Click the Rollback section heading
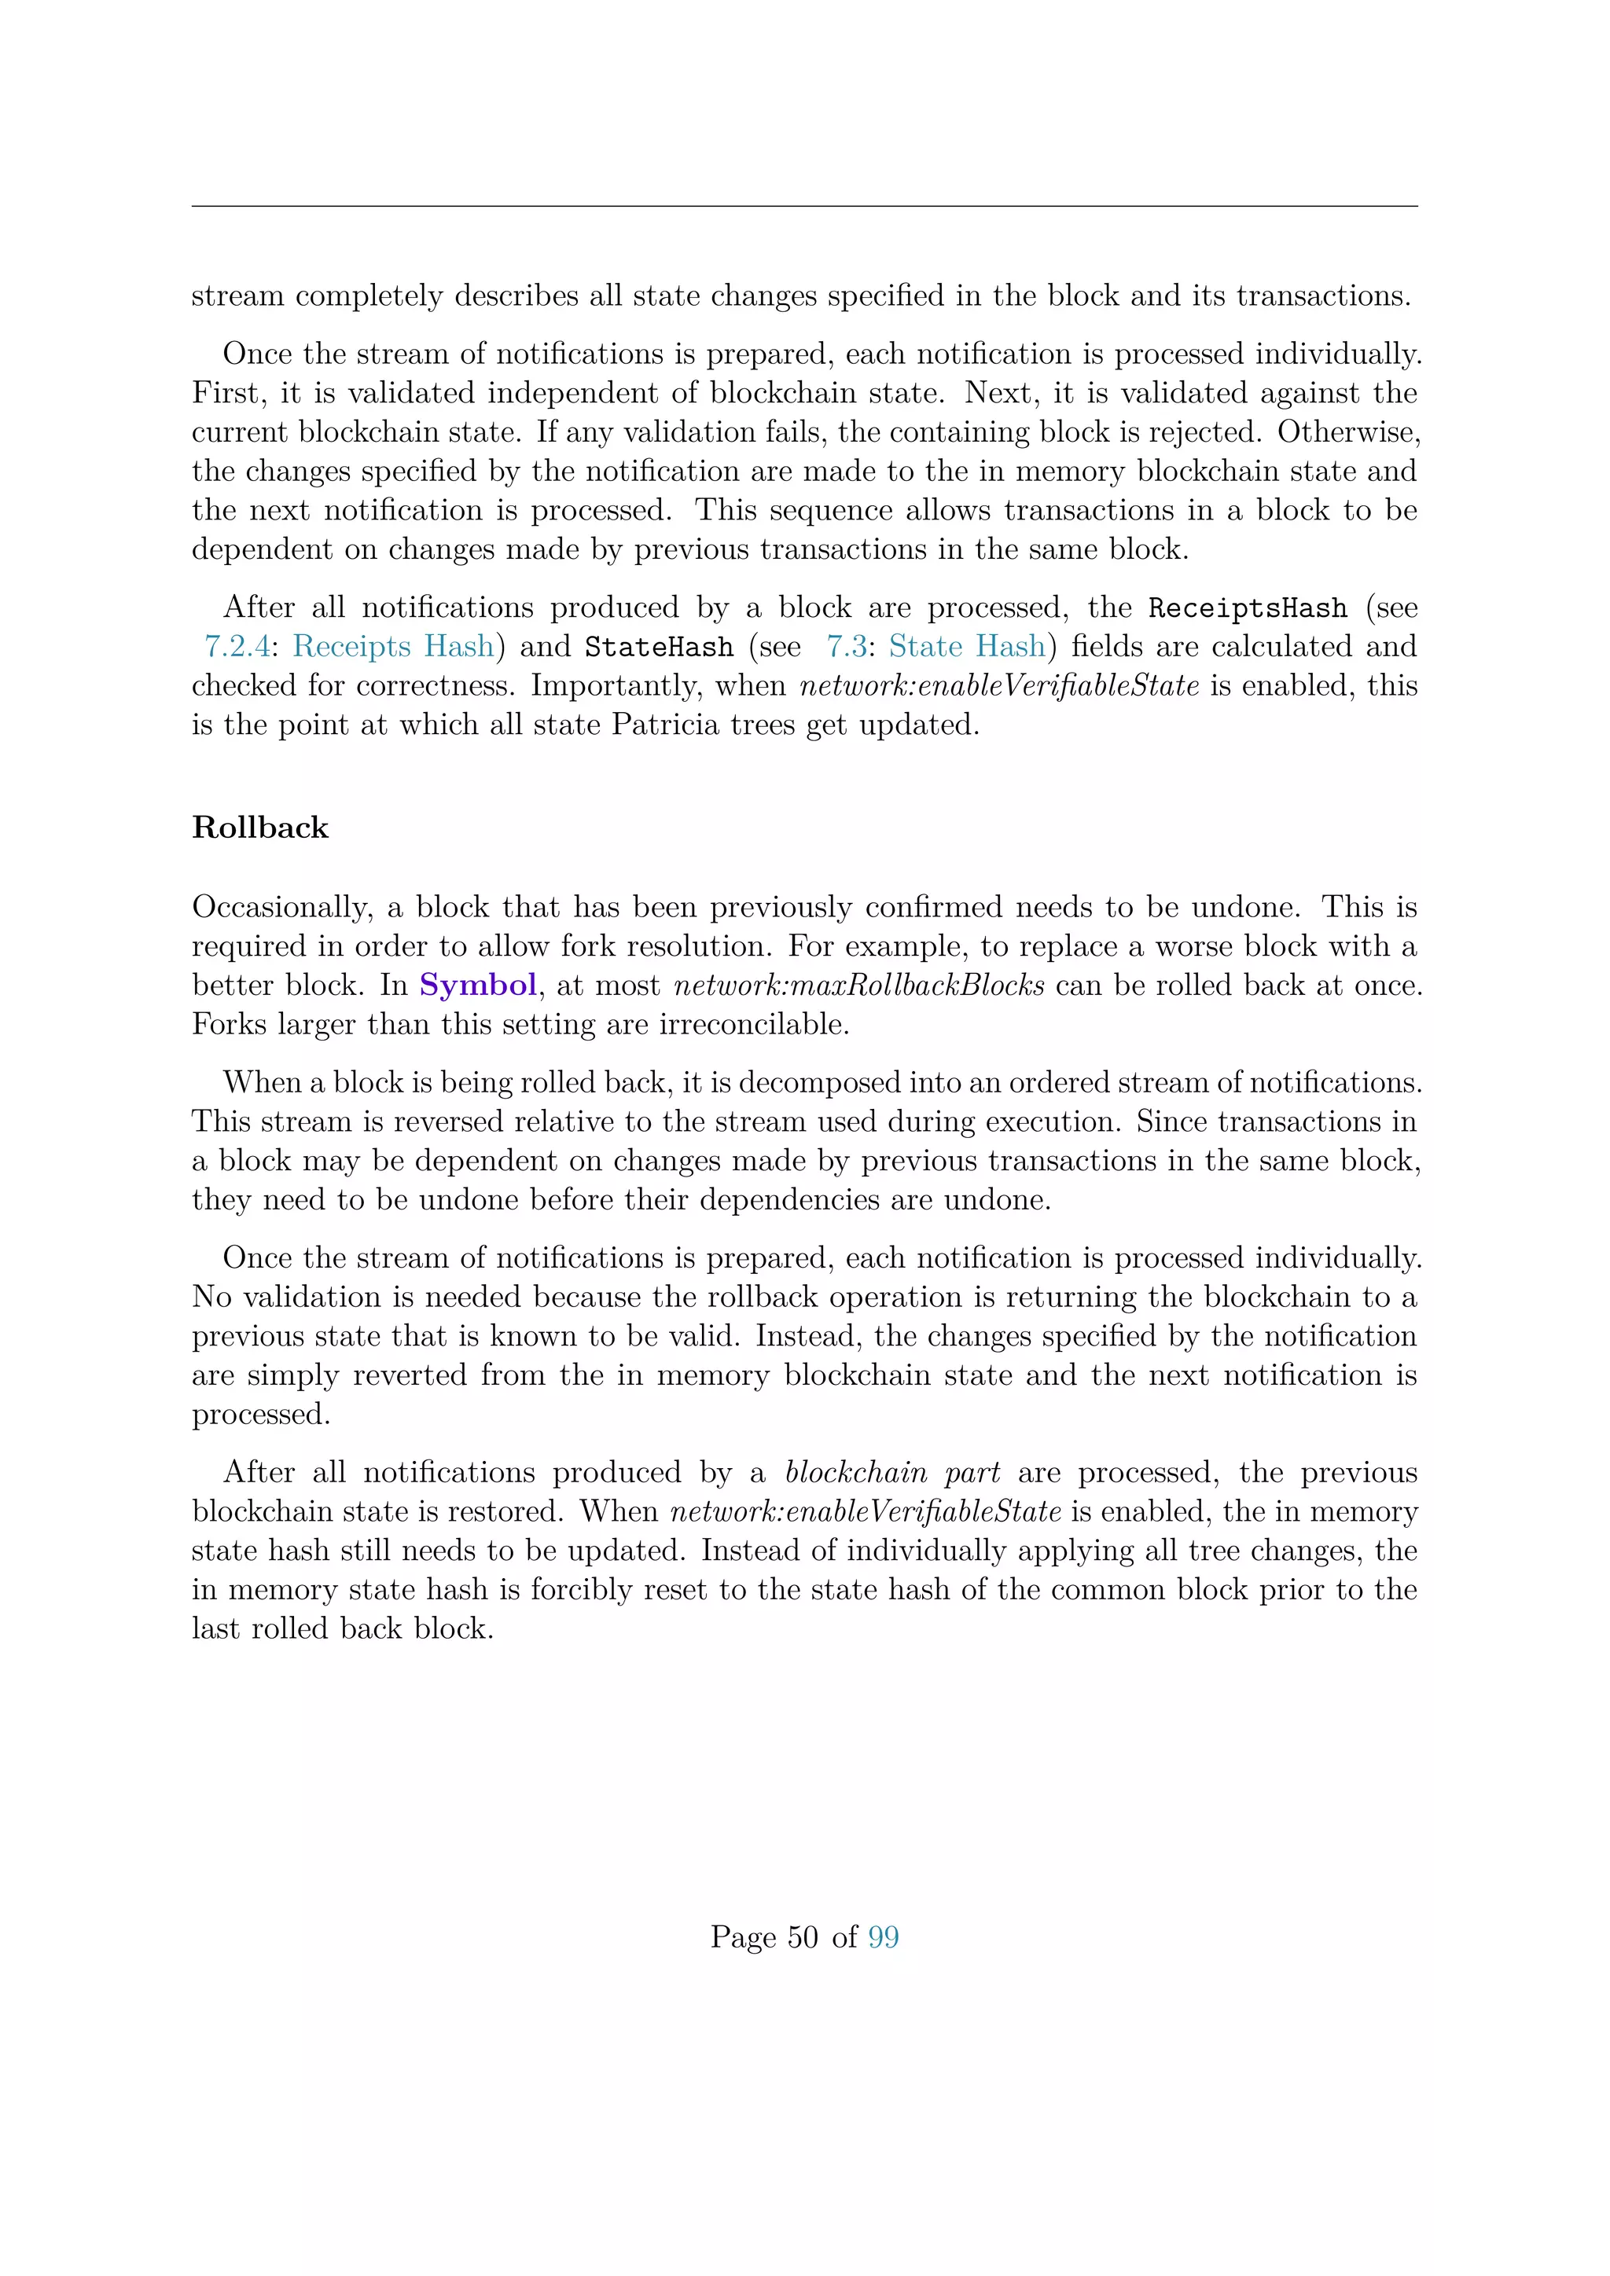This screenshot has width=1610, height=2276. click(259, 828)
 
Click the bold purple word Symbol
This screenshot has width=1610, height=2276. click(478, 986)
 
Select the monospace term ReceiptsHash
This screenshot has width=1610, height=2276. click(1247, 608)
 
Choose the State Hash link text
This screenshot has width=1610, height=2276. click(967, 646)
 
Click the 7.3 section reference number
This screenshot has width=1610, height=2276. click(847, 646)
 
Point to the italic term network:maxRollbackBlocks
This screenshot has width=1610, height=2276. click(858, 986)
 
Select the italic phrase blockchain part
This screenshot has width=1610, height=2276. click(892, 1472)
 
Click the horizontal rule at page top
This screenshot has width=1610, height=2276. click(804, 206)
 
